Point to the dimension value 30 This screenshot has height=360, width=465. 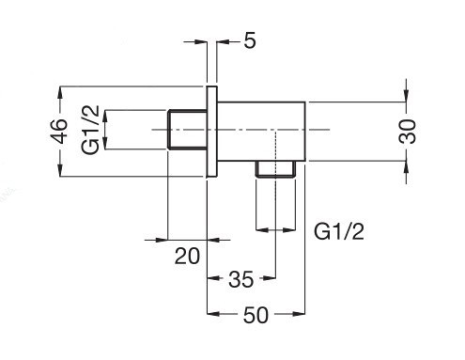pos(406,130)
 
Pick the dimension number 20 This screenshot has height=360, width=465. pos(188,254)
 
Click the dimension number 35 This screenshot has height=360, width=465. pos(241,278)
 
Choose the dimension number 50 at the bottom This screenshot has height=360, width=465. pos(256,315)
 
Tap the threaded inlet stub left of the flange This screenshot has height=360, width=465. pos(186,130)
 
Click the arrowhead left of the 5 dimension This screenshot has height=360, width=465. pos(200,40)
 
